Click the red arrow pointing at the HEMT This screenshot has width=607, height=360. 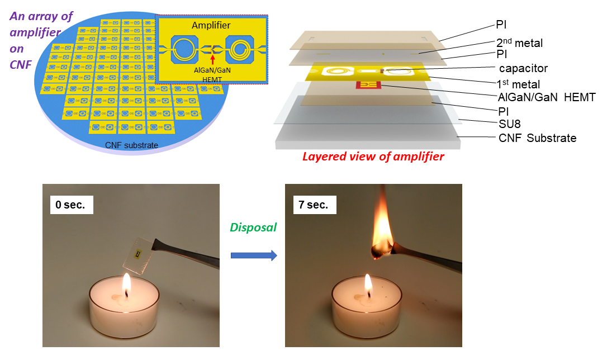[212, 59]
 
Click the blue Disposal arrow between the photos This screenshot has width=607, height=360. [254, 255]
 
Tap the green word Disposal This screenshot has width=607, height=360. [254, 227]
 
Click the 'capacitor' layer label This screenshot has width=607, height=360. [523, 69]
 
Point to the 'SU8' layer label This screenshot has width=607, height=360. [509, 124]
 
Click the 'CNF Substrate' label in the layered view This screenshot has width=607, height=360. [537, 138]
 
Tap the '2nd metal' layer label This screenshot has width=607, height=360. [519, 42]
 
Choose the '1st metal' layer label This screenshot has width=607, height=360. [518, 84]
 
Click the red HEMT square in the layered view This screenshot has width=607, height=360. [368, 85]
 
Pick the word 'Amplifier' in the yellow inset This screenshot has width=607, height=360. [211, 26]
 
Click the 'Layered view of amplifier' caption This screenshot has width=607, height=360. [373, 157]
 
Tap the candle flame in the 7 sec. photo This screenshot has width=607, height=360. [368, 285]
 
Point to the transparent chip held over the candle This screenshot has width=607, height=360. [139, 255]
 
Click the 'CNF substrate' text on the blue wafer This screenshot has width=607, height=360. [131, 145]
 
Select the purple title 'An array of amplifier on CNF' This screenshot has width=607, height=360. [41, 40]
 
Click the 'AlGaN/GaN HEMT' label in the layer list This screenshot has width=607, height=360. [547, 97]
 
